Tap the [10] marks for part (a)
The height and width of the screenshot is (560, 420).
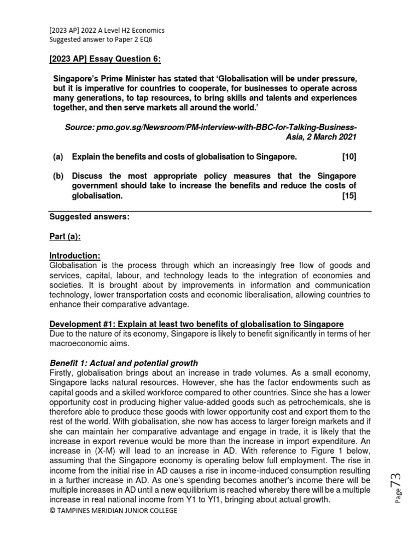tap(348, 157)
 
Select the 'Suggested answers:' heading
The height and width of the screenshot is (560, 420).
tap(90, 217)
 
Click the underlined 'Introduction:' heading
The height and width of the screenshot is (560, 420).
tap(75, 255)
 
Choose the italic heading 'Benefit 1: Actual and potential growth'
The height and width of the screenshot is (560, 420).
tap(124, 363)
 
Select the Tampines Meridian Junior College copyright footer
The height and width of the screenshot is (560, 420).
tap(113, 511)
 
